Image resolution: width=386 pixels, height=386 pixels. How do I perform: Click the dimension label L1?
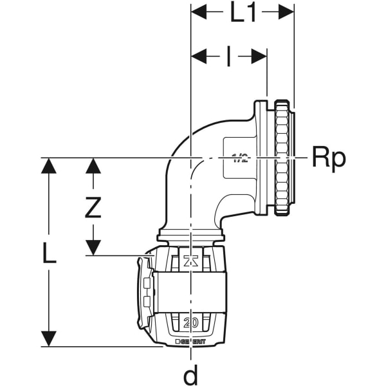click(243, 13)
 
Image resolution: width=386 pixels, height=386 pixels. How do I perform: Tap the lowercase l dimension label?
click(228, 57)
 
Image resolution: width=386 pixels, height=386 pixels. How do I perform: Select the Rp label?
click(329, 157)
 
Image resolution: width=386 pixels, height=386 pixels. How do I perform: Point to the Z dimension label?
click(94, 207)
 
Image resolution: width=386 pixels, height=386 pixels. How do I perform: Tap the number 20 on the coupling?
click(190, 322)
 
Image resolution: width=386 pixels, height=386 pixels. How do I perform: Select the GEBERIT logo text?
click(193, 341)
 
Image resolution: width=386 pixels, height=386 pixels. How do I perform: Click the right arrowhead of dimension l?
click(260, 57)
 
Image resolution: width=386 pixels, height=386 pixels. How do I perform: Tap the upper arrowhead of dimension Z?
click(94, 165)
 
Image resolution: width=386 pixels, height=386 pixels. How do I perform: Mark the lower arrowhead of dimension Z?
click(94, 249)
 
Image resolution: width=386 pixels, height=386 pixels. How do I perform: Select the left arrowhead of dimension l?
click(198, 57)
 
